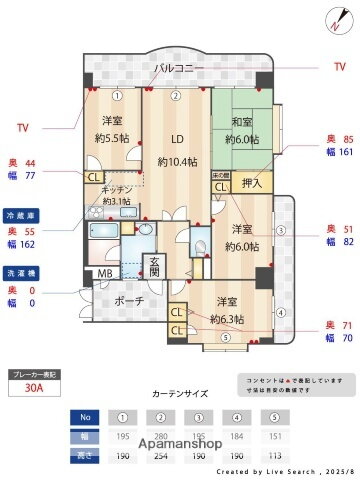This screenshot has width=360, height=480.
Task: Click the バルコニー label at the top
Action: tap(180, 69)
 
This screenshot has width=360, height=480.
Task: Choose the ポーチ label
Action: tap(127, 300)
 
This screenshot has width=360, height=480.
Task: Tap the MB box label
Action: tap(105, 274)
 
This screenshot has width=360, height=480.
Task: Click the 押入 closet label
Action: tap(252, 183)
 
